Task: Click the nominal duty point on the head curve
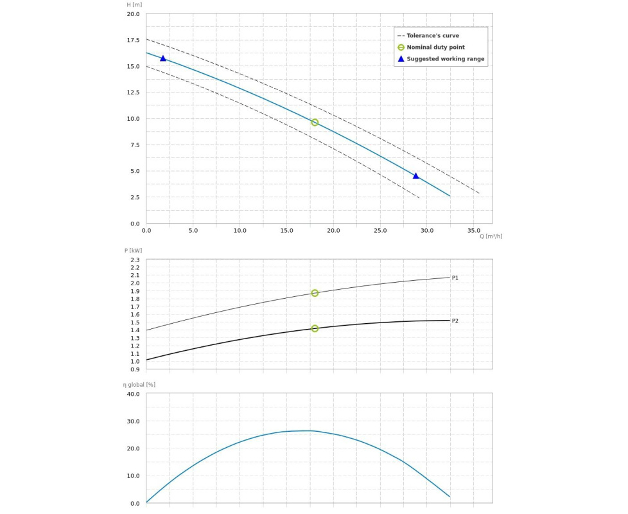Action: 315,122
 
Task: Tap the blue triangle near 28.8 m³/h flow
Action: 415,176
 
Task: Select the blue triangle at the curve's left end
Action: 163,58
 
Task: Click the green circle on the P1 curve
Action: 315,293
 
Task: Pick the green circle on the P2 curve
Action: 315,328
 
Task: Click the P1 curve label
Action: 455,278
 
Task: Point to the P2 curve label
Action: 455,321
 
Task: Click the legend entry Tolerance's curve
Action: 433,36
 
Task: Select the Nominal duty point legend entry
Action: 435,48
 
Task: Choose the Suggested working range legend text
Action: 446,59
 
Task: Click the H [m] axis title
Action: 134,5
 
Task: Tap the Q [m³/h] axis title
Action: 491,236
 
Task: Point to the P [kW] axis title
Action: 133,251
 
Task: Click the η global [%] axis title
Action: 139,384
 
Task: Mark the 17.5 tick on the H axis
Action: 133,40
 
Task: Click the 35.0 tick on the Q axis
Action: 474,230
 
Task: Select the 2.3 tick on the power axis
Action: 134,260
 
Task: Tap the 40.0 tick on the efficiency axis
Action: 133,394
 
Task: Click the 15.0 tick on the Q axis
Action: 286,230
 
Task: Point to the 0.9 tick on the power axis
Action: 134,369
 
